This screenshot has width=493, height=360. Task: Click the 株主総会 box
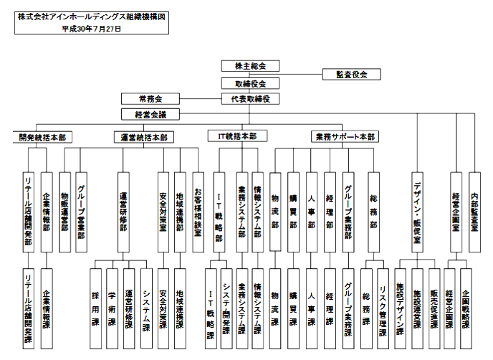click(x=250, y=66)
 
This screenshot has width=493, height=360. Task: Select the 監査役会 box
click(x=350, y=74)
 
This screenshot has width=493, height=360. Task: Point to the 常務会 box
click(x=151, y=98)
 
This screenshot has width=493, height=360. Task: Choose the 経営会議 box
click(x=151, y=113)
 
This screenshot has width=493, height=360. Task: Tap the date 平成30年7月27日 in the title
click(x=91, y=29)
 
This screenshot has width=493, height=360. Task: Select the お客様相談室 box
click(x=198, y=212)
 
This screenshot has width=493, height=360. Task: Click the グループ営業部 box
click(x=80, y=212)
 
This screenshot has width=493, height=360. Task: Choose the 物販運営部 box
click(x=64, y=212)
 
